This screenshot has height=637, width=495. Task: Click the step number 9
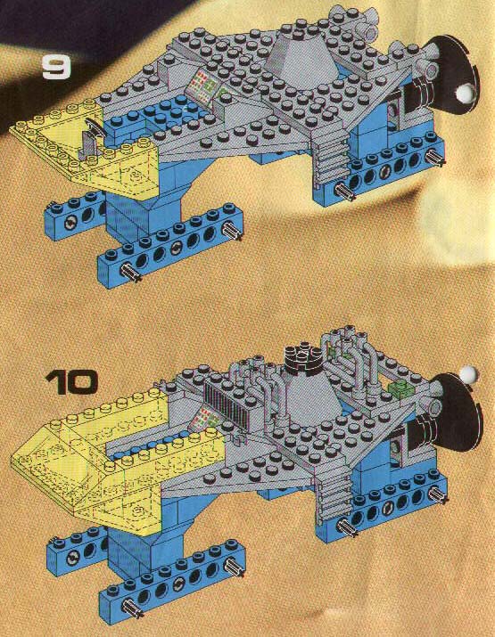click(x=56, y=67)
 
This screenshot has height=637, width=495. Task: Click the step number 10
click(x=71, y=382)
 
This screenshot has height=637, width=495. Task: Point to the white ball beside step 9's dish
click(x=464, y=94)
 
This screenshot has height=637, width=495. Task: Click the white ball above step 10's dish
click(x=468, y=374)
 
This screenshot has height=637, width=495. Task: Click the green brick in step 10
click(x=400, y=388)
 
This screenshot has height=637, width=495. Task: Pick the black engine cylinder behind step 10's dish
click(x=421, y=435)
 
